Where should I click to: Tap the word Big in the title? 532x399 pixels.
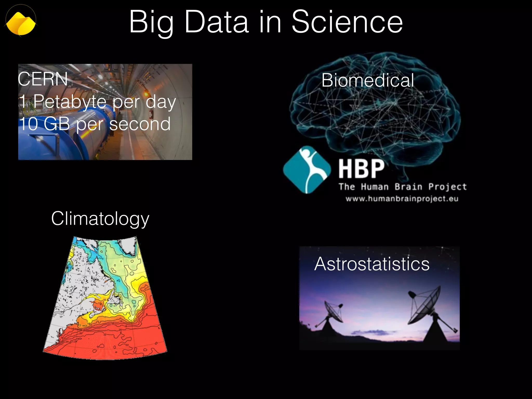(151, 23)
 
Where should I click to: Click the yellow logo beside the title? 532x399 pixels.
(21, 23)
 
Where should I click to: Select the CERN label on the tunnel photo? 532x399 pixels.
(43, 79)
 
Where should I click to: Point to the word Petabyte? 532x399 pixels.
(70, 102)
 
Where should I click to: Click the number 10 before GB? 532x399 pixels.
(28, 124)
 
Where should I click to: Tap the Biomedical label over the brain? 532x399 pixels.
(368, 80)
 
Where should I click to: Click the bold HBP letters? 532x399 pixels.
(361, 169)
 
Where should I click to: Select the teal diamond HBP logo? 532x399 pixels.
(307, 170)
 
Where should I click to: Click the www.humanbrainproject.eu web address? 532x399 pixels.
(402, 199)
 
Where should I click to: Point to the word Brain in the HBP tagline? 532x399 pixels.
(408, 187)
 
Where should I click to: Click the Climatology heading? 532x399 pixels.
(100, 219)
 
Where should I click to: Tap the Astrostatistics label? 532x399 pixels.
(372, 264)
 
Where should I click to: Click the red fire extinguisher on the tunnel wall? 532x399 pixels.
(151, 113)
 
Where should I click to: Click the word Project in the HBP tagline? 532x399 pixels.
(447, 187)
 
